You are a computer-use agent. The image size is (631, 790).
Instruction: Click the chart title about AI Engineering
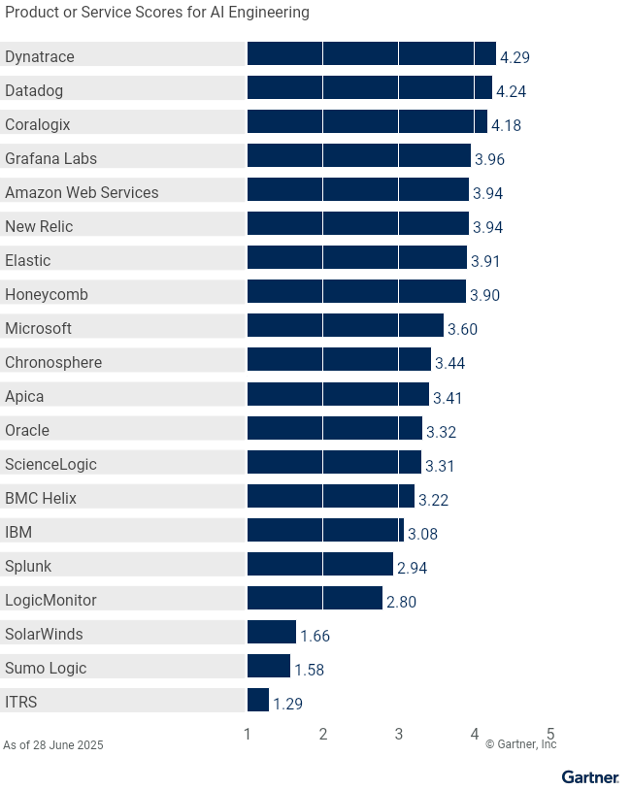click(157, 13)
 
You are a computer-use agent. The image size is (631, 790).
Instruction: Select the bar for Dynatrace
click(371, 54)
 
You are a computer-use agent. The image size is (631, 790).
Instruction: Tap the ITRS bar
click(258, 700)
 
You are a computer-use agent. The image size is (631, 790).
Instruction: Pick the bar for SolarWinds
click(272, 632)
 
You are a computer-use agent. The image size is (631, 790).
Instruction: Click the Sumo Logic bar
click(269, 666)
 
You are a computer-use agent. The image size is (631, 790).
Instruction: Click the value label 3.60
click(462, 330)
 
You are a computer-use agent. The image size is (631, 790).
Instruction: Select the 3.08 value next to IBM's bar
click(422, 534)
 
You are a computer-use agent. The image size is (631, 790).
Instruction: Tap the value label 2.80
click(401, 602)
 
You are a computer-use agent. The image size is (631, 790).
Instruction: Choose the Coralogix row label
click(38, 124)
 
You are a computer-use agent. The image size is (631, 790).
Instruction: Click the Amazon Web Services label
click(82, 192)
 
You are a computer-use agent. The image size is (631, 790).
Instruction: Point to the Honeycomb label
click(47, 294)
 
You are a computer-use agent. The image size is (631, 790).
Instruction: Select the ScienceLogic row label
click(50, 464)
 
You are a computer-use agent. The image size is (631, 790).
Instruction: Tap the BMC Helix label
click(41, 498)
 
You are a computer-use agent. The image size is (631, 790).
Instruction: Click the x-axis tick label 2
click(323, 735)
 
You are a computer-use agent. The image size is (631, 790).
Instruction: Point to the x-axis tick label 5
click(550, 735)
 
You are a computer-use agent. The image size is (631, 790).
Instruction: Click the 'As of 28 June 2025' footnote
click(53, 745)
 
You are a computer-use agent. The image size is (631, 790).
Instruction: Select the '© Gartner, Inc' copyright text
click(520, 744)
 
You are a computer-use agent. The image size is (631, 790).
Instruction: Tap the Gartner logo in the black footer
click(589, 777)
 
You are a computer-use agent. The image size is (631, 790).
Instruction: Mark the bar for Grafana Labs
click(358, 156)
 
